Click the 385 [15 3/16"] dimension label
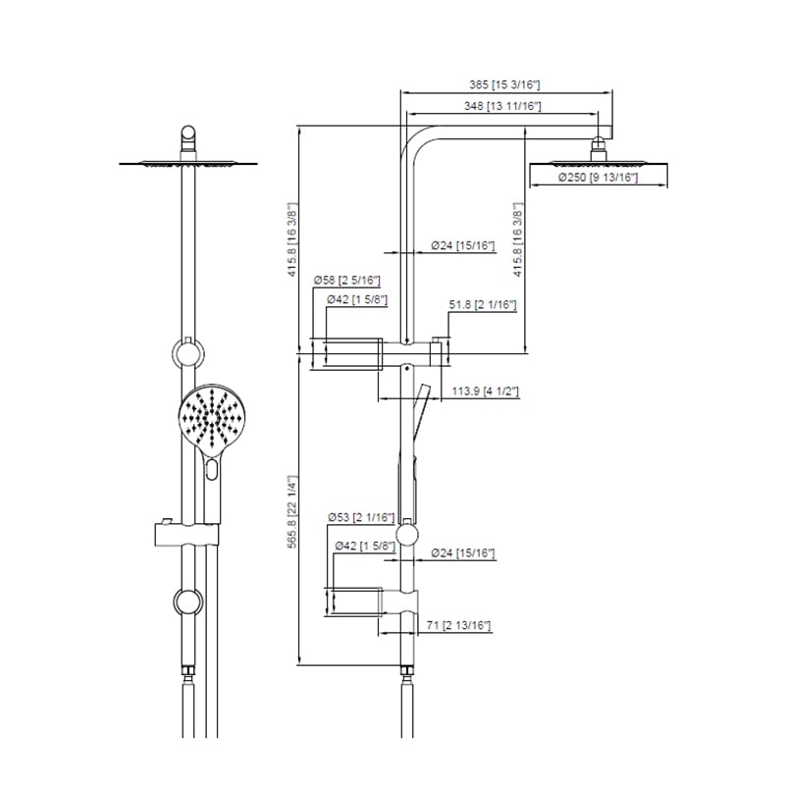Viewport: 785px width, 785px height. (x=504, y=84)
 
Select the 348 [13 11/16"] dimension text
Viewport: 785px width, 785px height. (x=502, y=106)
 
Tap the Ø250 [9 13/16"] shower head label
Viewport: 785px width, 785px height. (x=598, y=178)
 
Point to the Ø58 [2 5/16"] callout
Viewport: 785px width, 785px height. (x=347, y=280)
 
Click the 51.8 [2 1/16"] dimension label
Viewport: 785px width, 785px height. (x=482, y=304)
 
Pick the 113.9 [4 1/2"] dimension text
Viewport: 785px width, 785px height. (x=485, y=391)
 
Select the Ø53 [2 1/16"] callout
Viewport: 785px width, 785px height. (x=361, y=517)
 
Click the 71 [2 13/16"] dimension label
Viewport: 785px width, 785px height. (x=458, y=625)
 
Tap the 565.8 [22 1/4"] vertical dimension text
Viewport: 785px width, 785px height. (x=292, y=511)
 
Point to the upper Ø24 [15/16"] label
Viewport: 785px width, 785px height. (x=462, y=245)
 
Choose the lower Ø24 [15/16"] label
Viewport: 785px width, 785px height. (x=462, y=552)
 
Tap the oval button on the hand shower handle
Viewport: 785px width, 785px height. (x=212, y=470)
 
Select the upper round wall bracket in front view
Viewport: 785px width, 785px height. (x=187, y=352)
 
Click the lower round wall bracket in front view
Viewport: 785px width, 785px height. (x=187, y=602)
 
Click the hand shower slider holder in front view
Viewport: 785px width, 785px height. (x=186, y=534)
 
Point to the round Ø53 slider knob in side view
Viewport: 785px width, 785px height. (x=406, y=535)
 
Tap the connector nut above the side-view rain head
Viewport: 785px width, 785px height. (x=599, y=149)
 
